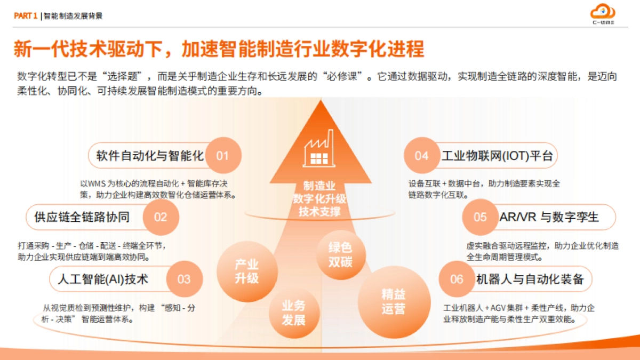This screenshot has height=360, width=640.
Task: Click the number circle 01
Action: [222, 156]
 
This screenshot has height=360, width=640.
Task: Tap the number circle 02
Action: [161, 217]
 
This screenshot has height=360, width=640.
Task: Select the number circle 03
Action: [184, 279]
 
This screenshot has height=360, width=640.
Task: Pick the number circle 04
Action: [421, 156]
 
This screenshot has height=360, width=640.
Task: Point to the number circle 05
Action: [480, 217]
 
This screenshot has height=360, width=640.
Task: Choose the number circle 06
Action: [457, 279]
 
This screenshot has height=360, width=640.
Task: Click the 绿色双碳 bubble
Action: [340, 254]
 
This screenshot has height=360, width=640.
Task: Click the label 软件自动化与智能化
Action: [150, 156]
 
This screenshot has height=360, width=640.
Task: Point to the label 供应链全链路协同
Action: [82, 217]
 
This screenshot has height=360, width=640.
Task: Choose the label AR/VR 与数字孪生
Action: [549, 217]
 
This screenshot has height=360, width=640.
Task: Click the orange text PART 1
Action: [25, 16]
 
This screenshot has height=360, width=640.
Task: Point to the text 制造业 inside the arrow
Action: [319, 186]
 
